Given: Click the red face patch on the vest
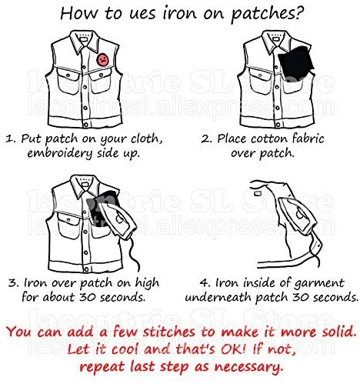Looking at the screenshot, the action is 102,59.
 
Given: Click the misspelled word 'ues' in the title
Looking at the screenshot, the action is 142,13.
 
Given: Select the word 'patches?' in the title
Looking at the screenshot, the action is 268,15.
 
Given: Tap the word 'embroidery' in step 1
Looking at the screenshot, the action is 59,153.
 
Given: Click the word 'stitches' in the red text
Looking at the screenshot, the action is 169,332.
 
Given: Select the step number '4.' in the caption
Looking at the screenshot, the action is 205,283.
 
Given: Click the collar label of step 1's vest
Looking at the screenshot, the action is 84,40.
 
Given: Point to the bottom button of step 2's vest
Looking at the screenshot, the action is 278,125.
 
